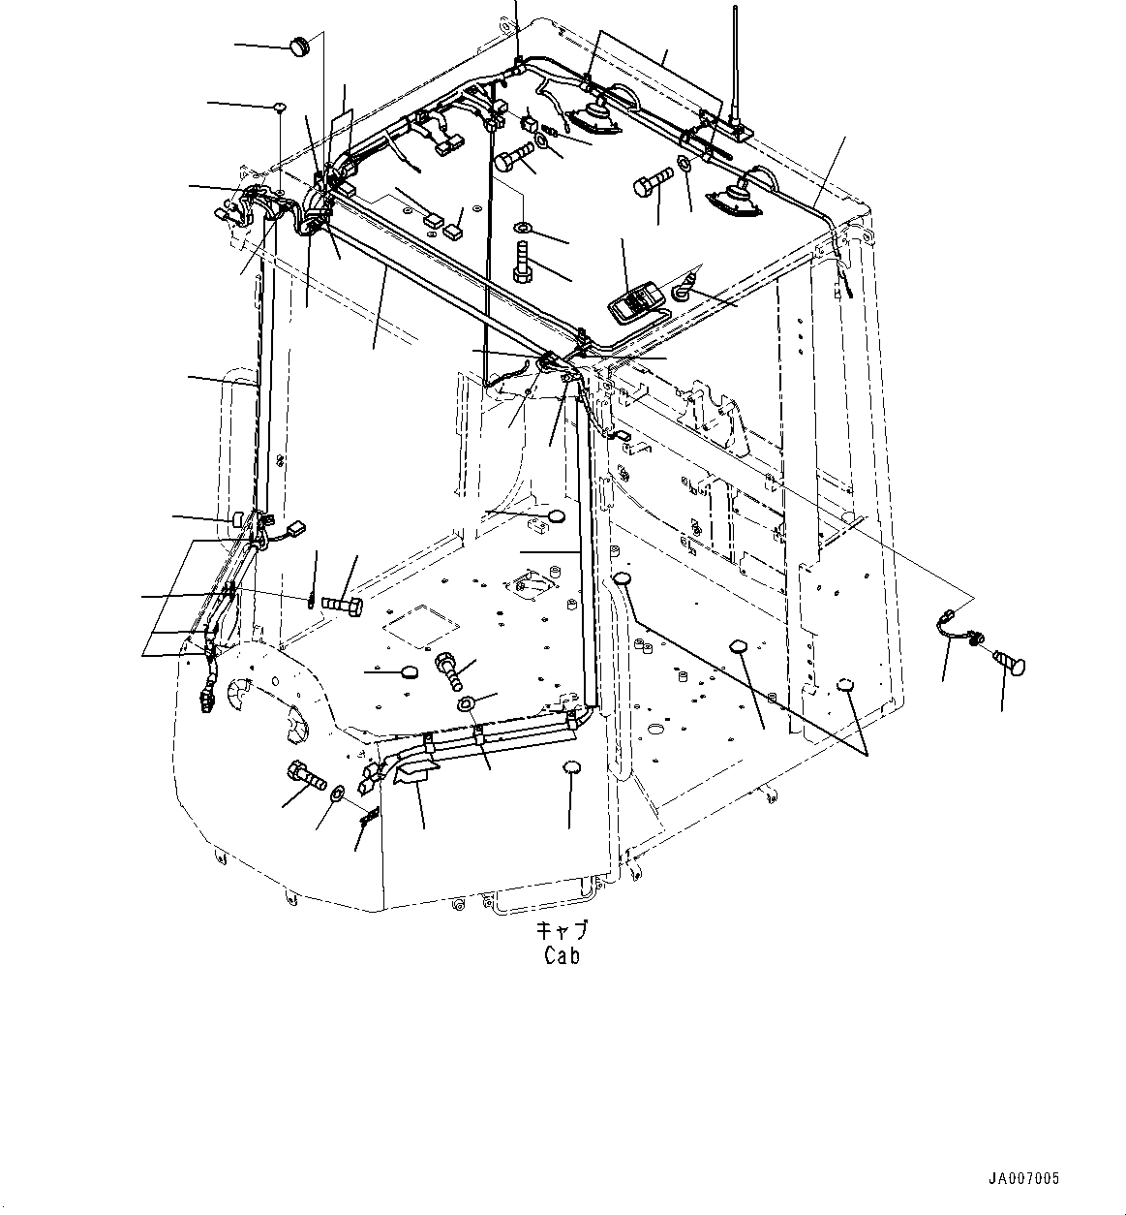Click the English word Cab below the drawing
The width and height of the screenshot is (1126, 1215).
click(562, 955)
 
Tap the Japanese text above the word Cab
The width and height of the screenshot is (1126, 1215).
click(563, 930)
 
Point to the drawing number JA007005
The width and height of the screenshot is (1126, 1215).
click(1023, 1179)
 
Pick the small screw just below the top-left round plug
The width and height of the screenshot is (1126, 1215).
click(279, 107)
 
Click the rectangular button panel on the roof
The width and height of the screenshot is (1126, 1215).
click(635, 303)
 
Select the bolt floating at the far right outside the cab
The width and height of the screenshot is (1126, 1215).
click(1009, 664)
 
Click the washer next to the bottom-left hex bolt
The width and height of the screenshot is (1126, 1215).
click(336, 794)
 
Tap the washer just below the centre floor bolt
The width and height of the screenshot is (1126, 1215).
click(466, 702)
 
